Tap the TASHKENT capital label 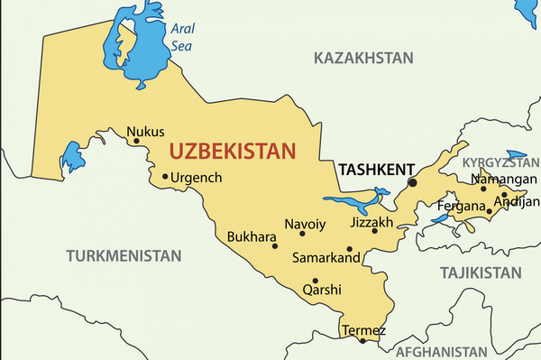[x=375, y=169]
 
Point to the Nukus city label [x=145, y=132]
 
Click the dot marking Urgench [x=165, y=177]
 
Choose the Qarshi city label [x=322, y=290]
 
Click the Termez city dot [x=363, y=340]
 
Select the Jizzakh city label [x=371, y=221]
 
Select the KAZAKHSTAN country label [x=363, y=58]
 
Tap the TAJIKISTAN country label [x=481, y=272]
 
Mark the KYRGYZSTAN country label [x=501, y=162]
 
